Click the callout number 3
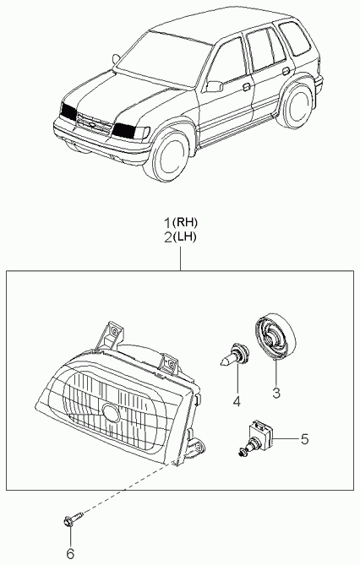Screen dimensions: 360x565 [276, 393]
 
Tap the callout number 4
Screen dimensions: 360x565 [237, 401]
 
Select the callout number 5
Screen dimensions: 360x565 [305, 439]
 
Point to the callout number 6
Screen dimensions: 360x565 [70, 553]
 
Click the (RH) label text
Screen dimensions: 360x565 [185, 223]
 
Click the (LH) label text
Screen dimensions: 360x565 [184, 237]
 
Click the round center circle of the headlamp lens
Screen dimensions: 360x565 [111, 412]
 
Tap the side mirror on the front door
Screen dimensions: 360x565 [215, 86]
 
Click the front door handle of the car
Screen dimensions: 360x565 [247, 86]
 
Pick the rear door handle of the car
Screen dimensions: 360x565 [286, 71]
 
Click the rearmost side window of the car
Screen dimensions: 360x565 [294, 38]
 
